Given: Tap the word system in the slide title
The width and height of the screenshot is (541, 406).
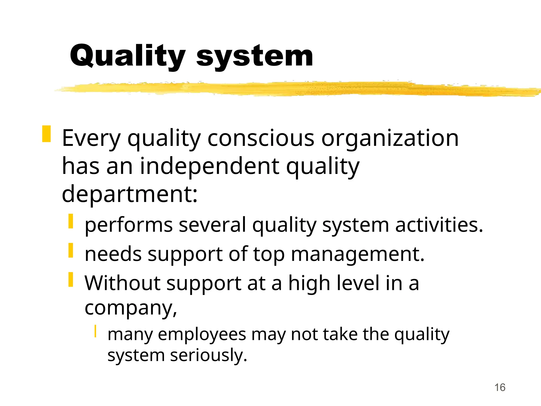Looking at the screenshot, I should coord(255,56).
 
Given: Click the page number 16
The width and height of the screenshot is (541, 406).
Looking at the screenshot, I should coord(500,387).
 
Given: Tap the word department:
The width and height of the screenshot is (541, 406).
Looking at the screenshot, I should coord(129,194).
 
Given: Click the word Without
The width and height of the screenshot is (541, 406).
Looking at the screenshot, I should coord(122,283).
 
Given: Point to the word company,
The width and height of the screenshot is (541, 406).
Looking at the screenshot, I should coord(130,308).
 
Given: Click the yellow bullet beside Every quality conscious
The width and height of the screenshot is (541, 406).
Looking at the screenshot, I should coord(46,134).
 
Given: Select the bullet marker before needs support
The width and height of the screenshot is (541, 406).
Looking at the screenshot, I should coord(71,250).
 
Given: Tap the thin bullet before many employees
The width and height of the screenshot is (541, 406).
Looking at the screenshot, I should coord(95,331).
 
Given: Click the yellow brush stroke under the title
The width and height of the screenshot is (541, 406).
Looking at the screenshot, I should coord(291,89).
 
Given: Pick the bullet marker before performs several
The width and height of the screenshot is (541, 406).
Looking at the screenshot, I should coord(71,221).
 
